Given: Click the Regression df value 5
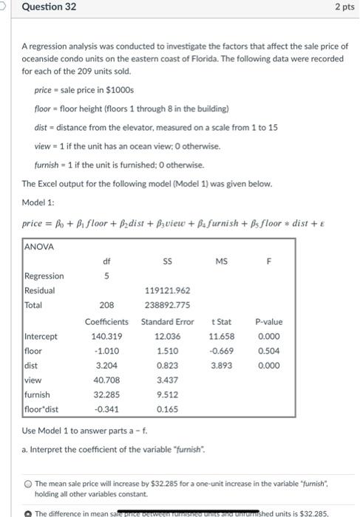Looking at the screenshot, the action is point(107,275).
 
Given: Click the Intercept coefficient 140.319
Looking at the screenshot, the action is point(107,337).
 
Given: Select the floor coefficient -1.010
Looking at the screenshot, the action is point(107,352).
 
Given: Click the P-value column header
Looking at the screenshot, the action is point(268,322).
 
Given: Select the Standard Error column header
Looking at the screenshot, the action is point(167,322).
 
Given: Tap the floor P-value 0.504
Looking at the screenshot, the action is point(268,352).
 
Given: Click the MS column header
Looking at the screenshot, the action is point(221,260).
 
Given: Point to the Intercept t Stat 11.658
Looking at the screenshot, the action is point(223,337).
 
